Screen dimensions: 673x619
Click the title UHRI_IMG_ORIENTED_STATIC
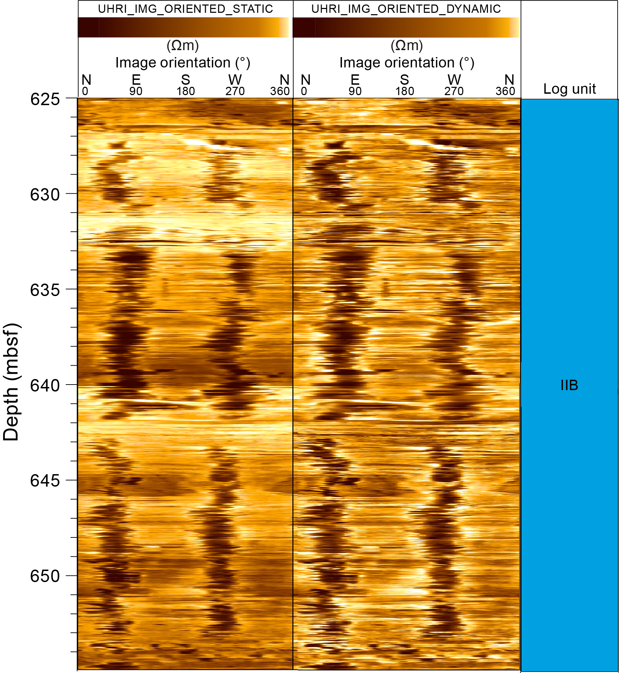[x=185, y=9]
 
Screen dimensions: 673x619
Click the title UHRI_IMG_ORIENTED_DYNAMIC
[x=406, y=9]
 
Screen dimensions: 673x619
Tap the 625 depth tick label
[x=45, y=99]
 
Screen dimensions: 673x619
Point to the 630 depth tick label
[x=45, y=195]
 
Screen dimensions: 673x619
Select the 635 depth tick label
[x=45, y=290]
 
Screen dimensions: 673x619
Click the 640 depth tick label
[x=45, y=385]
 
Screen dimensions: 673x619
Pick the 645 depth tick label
[x=45, y=481]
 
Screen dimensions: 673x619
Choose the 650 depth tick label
[x=45, y=576]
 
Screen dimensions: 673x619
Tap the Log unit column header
[x=570, y=89]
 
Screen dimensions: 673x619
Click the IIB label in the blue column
[x=569, y=385]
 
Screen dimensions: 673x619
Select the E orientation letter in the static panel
[x=136, y=80]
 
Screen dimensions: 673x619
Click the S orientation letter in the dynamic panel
[x=405, y=80]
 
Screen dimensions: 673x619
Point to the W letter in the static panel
[x=235, y=80]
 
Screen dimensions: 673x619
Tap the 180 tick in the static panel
[x=186, y=91]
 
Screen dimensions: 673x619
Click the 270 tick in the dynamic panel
[x=454, y=91]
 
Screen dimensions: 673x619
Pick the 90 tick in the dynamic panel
[x=355, y=91]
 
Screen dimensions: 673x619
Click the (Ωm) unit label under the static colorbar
[x=183, y=45]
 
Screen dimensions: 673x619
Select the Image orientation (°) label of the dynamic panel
[x=407, y=63]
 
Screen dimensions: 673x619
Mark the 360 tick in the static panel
[x=280, y=91]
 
